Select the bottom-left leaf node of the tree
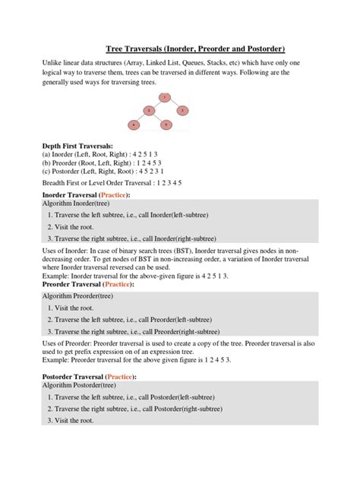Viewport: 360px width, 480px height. pos(134,123)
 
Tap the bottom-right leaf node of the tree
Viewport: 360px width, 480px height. pos(165,123)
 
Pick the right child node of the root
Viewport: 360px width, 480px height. pos(181,110)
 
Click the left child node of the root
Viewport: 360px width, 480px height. pos(149,110)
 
